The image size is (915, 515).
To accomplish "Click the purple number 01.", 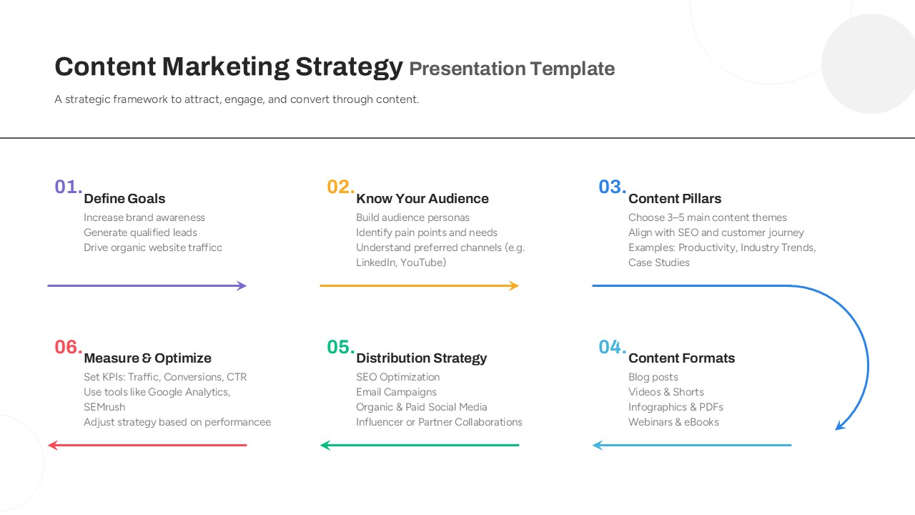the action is tap(68, 187).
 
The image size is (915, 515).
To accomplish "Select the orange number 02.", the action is tap(341, 187).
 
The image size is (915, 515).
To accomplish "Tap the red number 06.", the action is tap(68, 347).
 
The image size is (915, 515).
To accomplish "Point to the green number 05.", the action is tap(341, 347).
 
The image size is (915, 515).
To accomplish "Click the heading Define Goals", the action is tap(124, 199).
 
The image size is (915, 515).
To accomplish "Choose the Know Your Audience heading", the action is tap(422, 199).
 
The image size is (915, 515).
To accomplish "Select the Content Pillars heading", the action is tap(675, 199).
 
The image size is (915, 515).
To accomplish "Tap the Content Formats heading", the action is tap(681, 358).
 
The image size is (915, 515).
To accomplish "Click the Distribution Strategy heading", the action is tap(422, 358).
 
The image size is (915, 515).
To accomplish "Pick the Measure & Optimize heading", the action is tap(147, 358).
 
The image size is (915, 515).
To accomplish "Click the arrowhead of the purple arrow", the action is tap(242, 285).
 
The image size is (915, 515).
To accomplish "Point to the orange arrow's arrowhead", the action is tap(514, 285).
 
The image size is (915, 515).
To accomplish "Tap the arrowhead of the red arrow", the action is tap(53, 445).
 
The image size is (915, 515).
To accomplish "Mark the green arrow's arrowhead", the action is tap(325, 445).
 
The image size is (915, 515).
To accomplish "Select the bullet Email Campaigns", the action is tap(396, 392).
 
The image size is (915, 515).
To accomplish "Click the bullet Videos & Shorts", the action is tap(666, 392).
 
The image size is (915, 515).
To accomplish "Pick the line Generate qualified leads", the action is tap(141, 232).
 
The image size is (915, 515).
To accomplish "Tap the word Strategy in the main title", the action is tap(350, 67).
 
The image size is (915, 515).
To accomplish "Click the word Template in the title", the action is tap(573, 69).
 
